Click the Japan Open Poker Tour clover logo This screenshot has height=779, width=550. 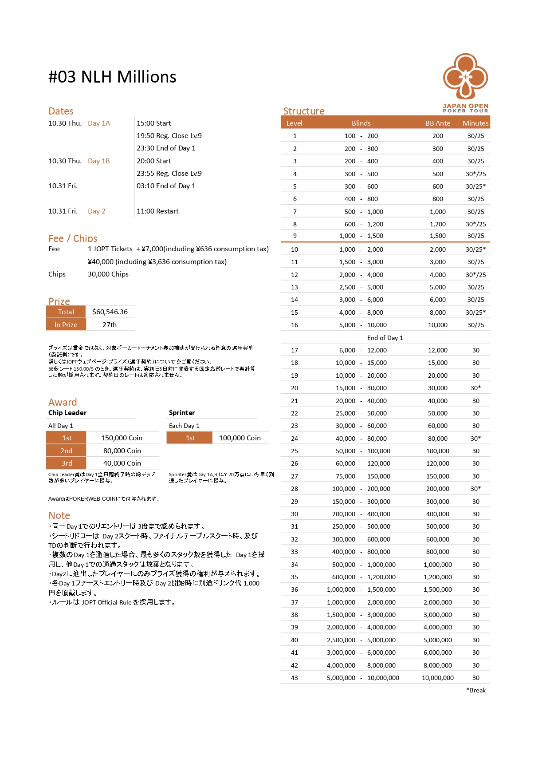click(465, 76)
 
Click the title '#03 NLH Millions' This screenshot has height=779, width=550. click(112, 77)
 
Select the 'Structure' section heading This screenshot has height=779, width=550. click(304, 111)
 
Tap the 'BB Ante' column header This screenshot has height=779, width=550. click(437, 123)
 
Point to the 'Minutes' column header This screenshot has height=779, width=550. click(475, 123)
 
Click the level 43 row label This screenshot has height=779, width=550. click(295, 678)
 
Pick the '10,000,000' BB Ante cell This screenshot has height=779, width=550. click(437, 678)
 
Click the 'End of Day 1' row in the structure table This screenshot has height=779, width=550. click(385, 338)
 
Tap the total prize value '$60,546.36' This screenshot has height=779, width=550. click(110, 312)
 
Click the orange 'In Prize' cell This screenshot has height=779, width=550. click(66, 325)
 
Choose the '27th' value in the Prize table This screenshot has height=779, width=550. click(110, 325)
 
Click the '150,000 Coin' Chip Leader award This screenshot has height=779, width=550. click(122, 438)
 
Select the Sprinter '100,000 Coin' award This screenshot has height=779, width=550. click(240, 438)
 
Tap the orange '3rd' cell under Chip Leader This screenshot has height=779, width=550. click(67, 463)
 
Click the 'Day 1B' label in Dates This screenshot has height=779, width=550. click(98, 161)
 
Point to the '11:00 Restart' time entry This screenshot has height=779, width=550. click(157, 211)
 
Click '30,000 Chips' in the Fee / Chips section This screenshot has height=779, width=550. click(108, 274)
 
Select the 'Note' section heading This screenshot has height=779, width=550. click(59, 515)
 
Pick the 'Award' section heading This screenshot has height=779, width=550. click(63, 402)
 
